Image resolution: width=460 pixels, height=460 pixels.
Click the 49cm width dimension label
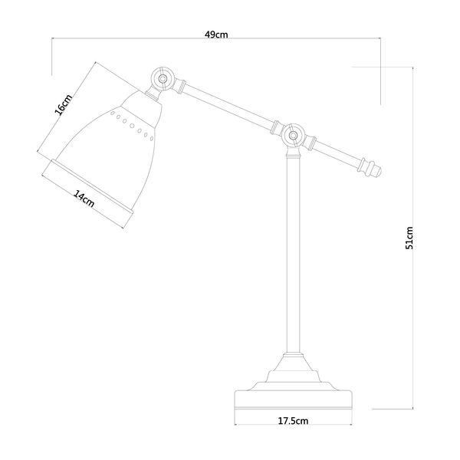coord(216,34)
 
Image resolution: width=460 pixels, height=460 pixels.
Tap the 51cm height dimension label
coord(409,238)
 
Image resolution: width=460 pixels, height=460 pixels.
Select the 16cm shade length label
coord(64,105)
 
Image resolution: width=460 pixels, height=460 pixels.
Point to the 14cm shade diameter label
coord(84,199)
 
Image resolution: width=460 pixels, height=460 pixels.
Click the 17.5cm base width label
coord(293,421)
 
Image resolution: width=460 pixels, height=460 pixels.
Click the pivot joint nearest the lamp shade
coord(163,79)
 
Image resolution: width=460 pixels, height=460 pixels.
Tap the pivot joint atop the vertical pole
coord(293,135)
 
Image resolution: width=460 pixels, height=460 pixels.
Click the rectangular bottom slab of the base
coord(294,400)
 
